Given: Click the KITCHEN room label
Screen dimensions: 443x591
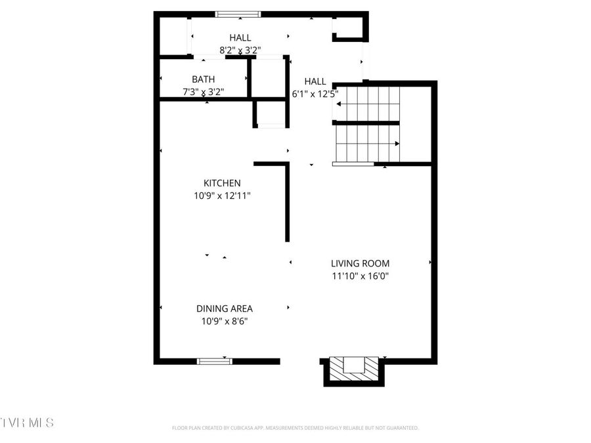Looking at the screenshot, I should [x=222, y=183].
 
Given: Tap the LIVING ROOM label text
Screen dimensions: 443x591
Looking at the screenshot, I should [x=360, y=263].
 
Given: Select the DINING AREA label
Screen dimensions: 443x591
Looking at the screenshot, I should [x=224, y=308].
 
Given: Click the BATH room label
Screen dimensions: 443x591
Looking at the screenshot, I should [x=203, y=79].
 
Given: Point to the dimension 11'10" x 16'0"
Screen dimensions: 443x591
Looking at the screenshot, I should [x=361, y=276].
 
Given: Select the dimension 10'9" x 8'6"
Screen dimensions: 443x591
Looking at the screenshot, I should [x=225, y=321].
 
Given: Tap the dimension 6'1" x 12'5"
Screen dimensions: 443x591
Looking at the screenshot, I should [x=316, y=93].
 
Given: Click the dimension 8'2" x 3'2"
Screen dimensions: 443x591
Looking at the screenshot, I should [x=240, y=49].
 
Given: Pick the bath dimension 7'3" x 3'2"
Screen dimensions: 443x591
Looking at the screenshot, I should [x=204, y=92].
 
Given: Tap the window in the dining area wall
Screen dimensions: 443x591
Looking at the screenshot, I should [x=215, y=360].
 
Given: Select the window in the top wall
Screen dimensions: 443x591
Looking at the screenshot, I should [x=238, y=14].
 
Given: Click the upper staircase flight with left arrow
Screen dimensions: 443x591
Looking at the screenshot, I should [x=366, y=103].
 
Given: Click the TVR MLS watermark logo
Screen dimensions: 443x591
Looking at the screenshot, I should [x=27, y=422].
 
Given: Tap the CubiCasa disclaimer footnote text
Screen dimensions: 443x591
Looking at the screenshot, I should [x=295, y=428].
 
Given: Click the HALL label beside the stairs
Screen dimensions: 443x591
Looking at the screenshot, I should [x=315, y=81].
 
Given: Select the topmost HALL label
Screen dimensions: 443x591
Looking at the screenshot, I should [x=240, y=38].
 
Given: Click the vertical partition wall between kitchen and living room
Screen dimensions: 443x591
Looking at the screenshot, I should [x=288, y=203].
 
